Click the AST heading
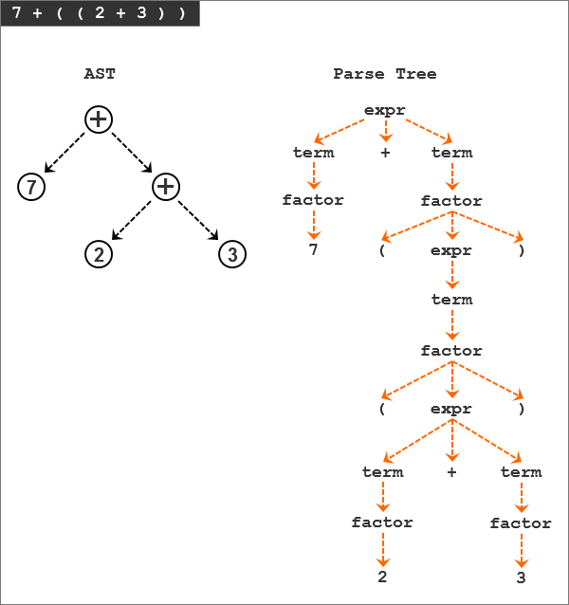(x=100, y=73)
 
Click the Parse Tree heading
(x=385, y=73)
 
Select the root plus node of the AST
(x=99, y=119)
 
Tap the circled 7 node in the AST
(x=31, y=187)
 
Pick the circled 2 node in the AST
(x=99, y=254)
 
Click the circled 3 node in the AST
(x=232, y=254)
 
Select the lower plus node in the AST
(x=166, y=187)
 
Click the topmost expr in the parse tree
(x=385, y=111)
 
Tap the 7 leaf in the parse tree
(x=313, y=249)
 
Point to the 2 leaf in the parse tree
(x=382, y=577)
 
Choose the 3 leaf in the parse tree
(x=522, y=577)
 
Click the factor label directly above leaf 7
(x=313, y=200)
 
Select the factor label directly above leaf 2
(x=382, y=522)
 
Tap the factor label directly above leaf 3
(x=521, y=523)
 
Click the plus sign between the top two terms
(x=385, y=153)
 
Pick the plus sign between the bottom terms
(x=452, y=472)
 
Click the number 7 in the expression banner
(x=16, y=12)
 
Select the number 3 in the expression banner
(x=141, y=12)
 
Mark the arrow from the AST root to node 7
(x=64, y=153)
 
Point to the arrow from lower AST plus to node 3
(x=198, y=220)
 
